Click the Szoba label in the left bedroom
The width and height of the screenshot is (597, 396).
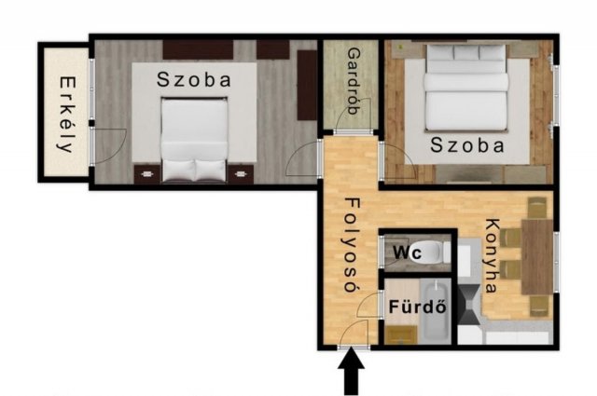point(194,79)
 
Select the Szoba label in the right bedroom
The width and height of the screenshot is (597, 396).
point(467,145)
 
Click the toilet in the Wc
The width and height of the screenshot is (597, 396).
point(431,251)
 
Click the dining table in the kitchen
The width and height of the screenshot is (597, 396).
point(536,256)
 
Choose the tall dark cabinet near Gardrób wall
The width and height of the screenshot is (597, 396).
point(307,85)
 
